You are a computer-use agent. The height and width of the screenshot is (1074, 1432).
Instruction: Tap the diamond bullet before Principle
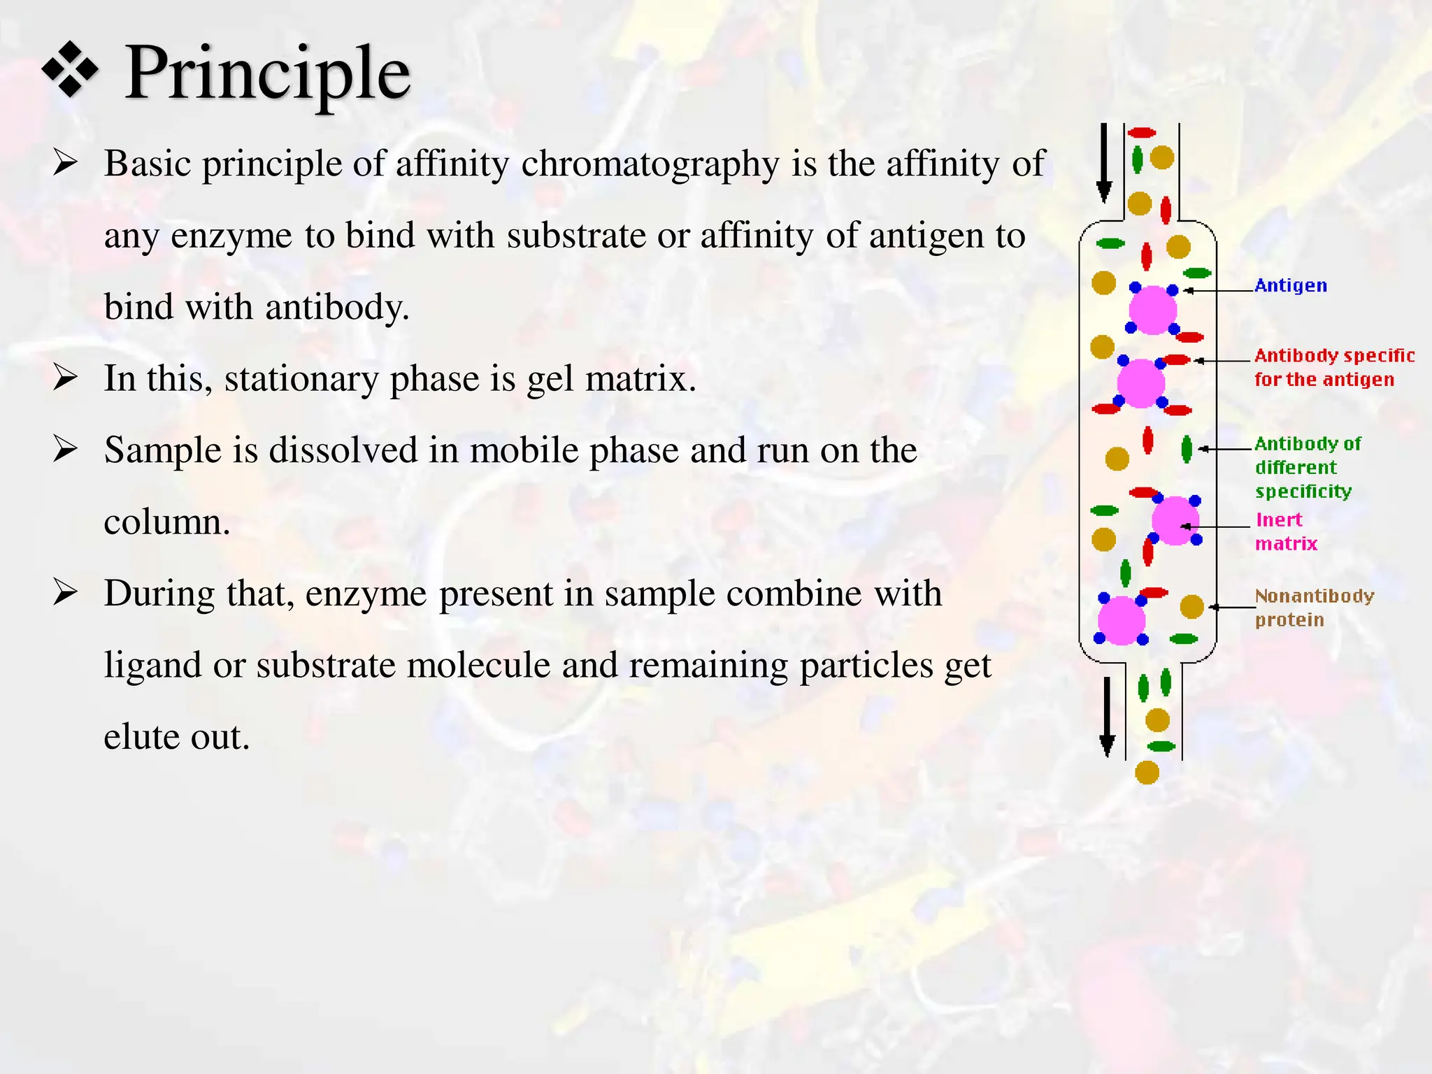pyautogui.click(x=70, y=69)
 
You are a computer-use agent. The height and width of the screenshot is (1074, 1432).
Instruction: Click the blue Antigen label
pyautogui.click(x=1290, y=285)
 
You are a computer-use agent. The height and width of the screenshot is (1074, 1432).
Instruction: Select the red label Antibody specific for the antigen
pyautogui.click(x=1333, y=368)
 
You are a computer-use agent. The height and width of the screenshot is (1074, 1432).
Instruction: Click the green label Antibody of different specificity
pyautogui.click(x=1307, y=467)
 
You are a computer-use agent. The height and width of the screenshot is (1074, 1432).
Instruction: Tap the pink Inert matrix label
pyautogui.click(x=1285, y=531)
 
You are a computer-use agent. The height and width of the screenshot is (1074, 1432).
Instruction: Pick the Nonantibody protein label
pyautogui.click(x=1314, y=608)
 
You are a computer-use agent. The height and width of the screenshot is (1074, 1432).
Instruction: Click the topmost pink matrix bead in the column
pyautogui.click(x=1152, y=310)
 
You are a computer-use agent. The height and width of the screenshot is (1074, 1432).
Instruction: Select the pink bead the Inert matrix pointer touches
pyautogui.click(x=1175, y=521)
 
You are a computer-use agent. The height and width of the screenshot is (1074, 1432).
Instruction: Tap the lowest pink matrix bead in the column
pyautogui.click(x=1122, y=620)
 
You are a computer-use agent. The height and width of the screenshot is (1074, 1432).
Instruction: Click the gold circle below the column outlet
pyautogui.click(x=1147, y=773)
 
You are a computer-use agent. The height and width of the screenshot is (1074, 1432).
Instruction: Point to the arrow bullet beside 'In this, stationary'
pyautogui.click(x=65, y=378)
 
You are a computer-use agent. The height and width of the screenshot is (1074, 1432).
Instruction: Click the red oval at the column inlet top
pyautogui.click(x=1142, y=133)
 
